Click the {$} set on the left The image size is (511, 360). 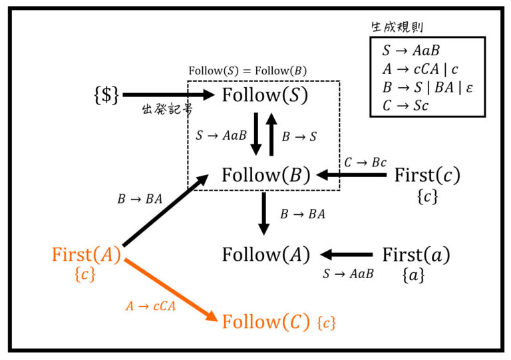click(x=106, y=96)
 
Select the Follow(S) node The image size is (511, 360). click(x=265, y=96)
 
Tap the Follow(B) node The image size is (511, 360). click(x=265, y=176)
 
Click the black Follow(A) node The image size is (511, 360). click(x=265, y=255)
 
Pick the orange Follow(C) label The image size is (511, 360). click(x=265, y=322)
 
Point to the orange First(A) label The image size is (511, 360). click(x=86, y=255)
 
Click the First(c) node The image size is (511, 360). click(x=426, y=176)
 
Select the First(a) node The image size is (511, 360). click(x=416, y=255)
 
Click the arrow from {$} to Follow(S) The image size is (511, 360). click(x=169, y=96)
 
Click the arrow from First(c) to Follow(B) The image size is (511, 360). click(x=352, y=176)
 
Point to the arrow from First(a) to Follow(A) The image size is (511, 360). click(x=347, y=255)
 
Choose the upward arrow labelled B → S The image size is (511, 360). click(x=271, y=134)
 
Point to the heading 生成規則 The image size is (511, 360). click(x=397, y=27)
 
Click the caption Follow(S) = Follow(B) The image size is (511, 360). click(x=248, y=71)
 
